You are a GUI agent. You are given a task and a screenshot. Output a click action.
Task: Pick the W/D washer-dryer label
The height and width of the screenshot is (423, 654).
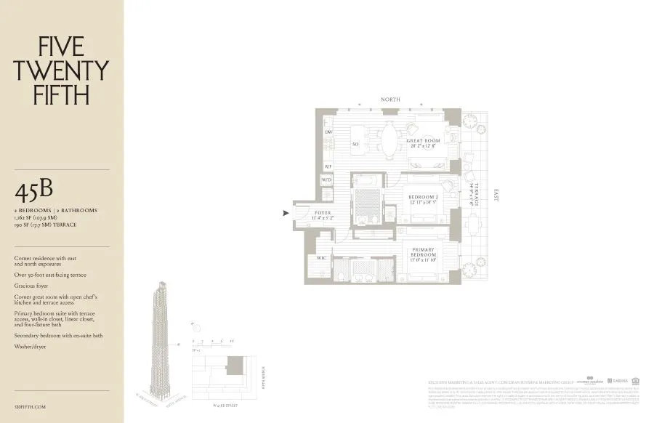click(x=327, y=179)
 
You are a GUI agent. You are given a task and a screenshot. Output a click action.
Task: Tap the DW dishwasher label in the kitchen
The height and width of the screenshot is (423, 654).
click(x=328, y=132)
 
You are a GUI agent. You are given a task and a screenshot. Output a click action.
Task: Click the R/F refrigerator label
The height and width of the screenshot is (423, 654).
click(x=328, y=166)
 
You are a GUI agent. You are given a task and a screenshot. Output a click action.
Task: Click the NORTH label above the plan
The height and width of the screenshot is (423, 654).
click(x=390, y=100)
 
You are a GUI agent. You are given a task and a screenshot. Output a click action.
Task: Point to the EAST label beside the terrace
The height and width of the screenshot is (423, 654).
click(x=496, y=196)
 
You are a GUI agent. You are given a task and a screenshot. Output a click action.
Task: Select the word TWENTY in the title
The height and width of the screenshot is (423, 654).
click(x=62, y=70)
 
